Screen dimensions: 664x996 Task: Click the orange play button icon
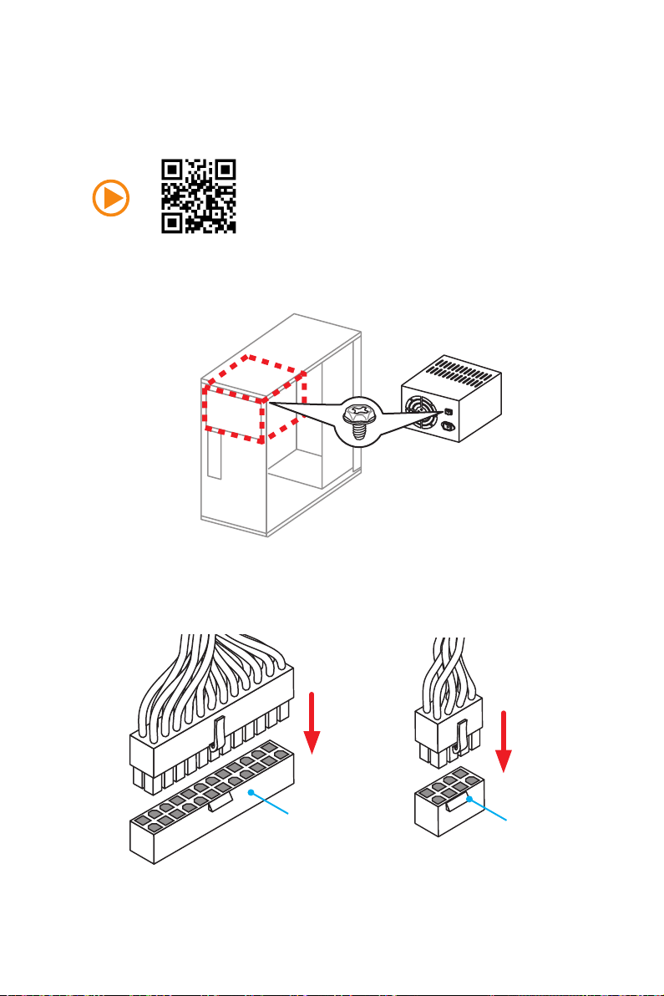113,197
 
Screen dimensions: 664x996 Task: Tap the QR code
199,196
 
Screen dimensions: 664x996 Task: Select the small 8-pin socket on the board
451,806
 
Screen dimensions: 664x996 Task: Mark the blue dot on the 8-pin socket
470,798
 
